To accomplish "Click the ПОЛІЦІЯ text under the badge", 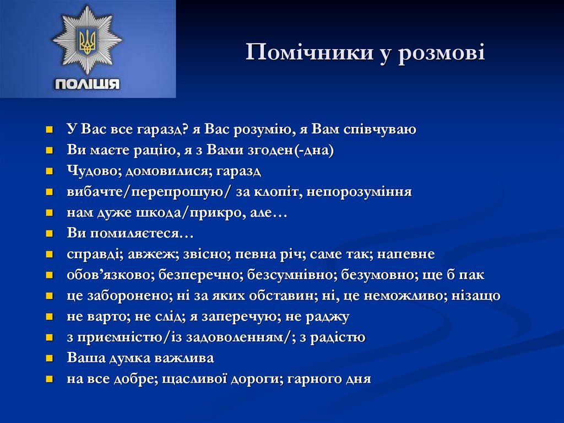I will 87,84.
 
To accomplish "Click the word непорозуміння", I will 359,192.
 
